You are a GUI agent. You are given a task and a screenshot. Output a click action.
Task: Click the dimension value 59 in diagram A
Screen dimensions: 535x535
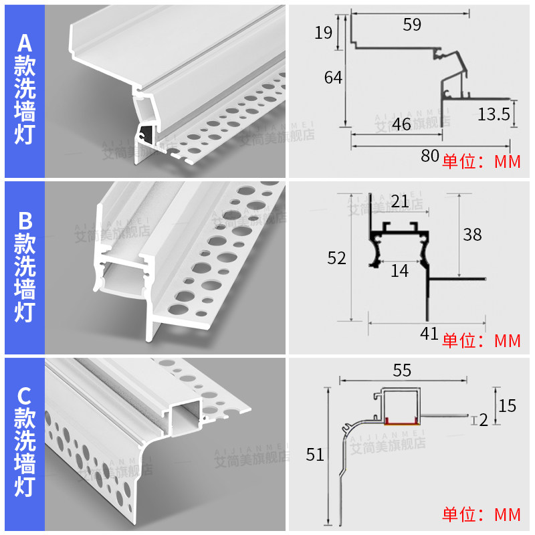[x=412, y=25]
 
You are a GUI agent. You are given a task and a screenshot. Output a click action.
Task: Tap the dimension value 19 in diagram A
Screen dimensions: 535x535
[x=323, y=32]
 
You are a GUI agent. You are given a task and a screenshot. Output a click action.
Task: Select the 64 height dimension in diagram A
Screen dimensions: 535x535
[x=333, y=78]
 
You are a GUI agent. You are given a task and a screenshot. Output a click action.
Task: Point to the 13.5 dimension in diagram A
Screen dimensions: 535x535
[x=494, y=114]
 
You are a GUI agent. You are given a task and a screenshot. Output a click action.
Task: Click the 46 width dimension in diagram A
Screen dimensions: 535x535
[x=401, y=124]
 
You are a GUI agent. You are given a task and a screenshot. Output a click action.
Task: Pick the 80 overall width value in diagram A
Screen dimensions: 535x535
[x=430, y=156]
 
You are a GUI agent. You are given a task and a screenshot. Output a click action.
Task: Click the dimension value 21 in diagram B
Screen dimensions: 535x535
[x=400, y=201]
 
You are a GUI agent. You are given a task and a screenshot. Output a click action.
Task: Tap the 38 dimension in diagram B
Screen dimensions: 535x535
[x=472, y=235]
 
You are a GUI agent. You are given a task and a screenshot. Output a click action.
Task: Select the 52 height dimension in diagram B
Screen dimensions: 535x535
[x=336, y=257]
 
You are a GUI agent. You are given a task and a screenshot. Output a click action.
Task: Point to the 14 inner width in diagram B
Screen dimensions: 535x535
[x=399, y=271]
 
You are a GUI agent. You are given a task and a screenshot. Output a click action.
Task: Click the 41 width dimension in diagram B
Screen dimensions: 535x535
[x=429, y=333]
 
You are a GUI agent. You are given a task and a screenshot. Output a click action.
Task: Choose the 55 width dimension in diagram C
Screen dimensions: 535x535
[x=402, y=370]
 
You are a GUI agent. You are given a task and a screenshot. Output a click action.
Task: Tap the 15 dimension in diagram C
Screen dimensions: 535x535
[x=508, y=405]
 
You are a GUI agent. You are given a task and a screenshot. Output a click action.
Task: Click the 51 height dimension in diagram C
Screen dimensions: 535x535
[x=314, y=455]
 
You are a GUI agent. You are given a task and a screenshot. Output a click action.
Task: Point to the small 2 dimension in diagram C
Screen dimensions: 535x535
[x=484, y=420]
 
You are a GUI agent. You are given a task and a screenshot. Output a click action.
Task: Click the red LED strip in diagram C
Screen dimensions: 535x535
[x=403, y=421]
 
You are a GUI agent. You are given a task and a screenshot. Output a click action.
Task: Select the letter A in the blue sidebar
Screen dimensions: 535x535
[x=25, y=43]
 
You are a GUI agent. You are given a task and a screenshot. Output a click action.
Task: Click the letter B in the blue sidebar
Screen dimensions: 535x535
[x=25, y=220]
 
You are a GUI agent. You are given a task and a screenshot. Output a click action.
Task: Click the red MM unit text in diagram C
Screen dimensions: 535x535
[x=507, y=515]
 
